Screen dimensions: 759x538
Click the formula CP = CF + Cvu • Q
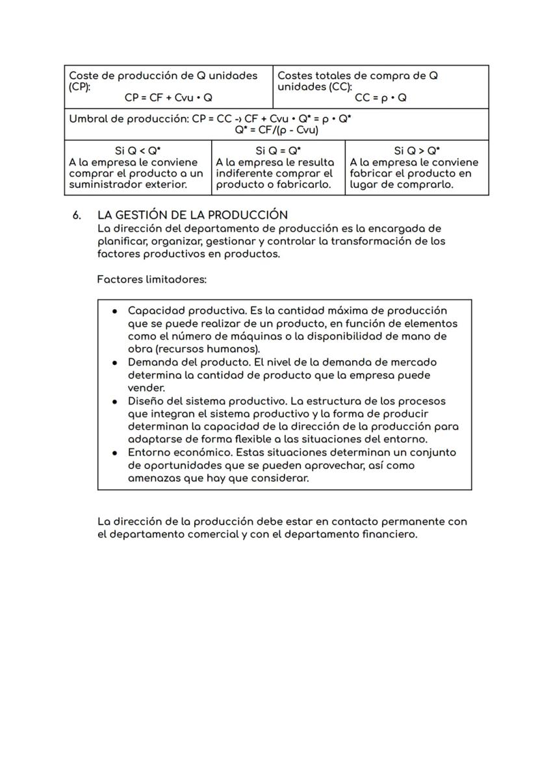[x=168, y=98]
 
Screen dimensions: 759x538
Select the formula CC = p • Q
[x=381, y=98]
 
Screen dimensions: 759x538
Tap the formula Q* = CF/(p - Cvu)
[x=276, y=131]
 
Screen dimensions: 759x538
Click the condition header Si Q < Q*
[x=138, y=151]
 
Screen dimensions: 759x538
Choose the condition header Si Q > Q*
[x=416, y=151]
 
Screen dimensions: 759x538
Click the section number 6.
[x=77, y=215]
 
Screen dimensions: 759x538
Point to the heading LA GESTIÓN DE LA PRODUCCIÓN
[x=192, y=215]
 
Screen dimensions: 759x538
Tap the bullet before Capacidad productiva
[x=114, y=311]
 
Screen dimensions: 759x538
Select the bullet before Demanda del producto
[x=114, y=362]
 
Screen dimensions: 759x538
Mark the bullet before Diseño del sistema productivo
[x=114, y=401]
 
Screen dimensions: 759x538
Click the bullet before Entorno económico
[x=114, y=453]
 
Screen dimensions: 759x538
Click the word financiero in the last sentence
[x=385, y=534]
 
